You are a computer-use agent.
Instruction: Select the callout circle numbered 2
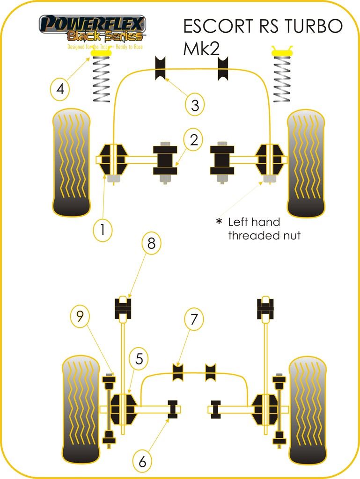[x=194, y=139]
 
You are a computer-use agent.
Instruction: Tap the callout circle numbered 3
[x=194, y=105]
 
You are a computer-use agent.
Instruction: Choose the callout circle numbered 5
[x=139, y=359]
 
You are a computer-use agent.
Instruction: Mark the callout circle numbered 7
[x=194, y=320]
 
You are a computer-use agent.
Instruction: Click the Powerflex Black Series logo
[x=92, y=29]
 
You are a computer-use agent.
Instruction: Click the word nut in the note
[x=290, y=235]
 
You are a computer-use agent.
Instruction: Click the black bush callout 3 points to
[x=161, y=68]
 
